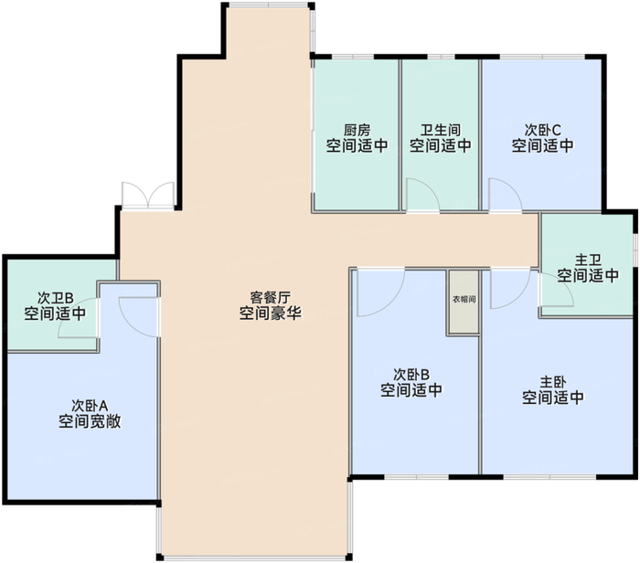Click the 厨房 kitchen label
(x=357, y=130)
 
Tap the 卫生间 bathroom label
(x=440, y=130)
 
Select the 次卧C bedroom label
(x=542, y=130)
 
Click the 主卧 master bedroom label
(x=552, y=383)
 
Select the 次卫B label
(x=56, y=298)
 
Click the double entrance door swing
(x=148, y=196)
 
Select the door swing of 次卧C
(x=503, y=195)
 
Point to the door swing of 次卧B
(x=379, y=292)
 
